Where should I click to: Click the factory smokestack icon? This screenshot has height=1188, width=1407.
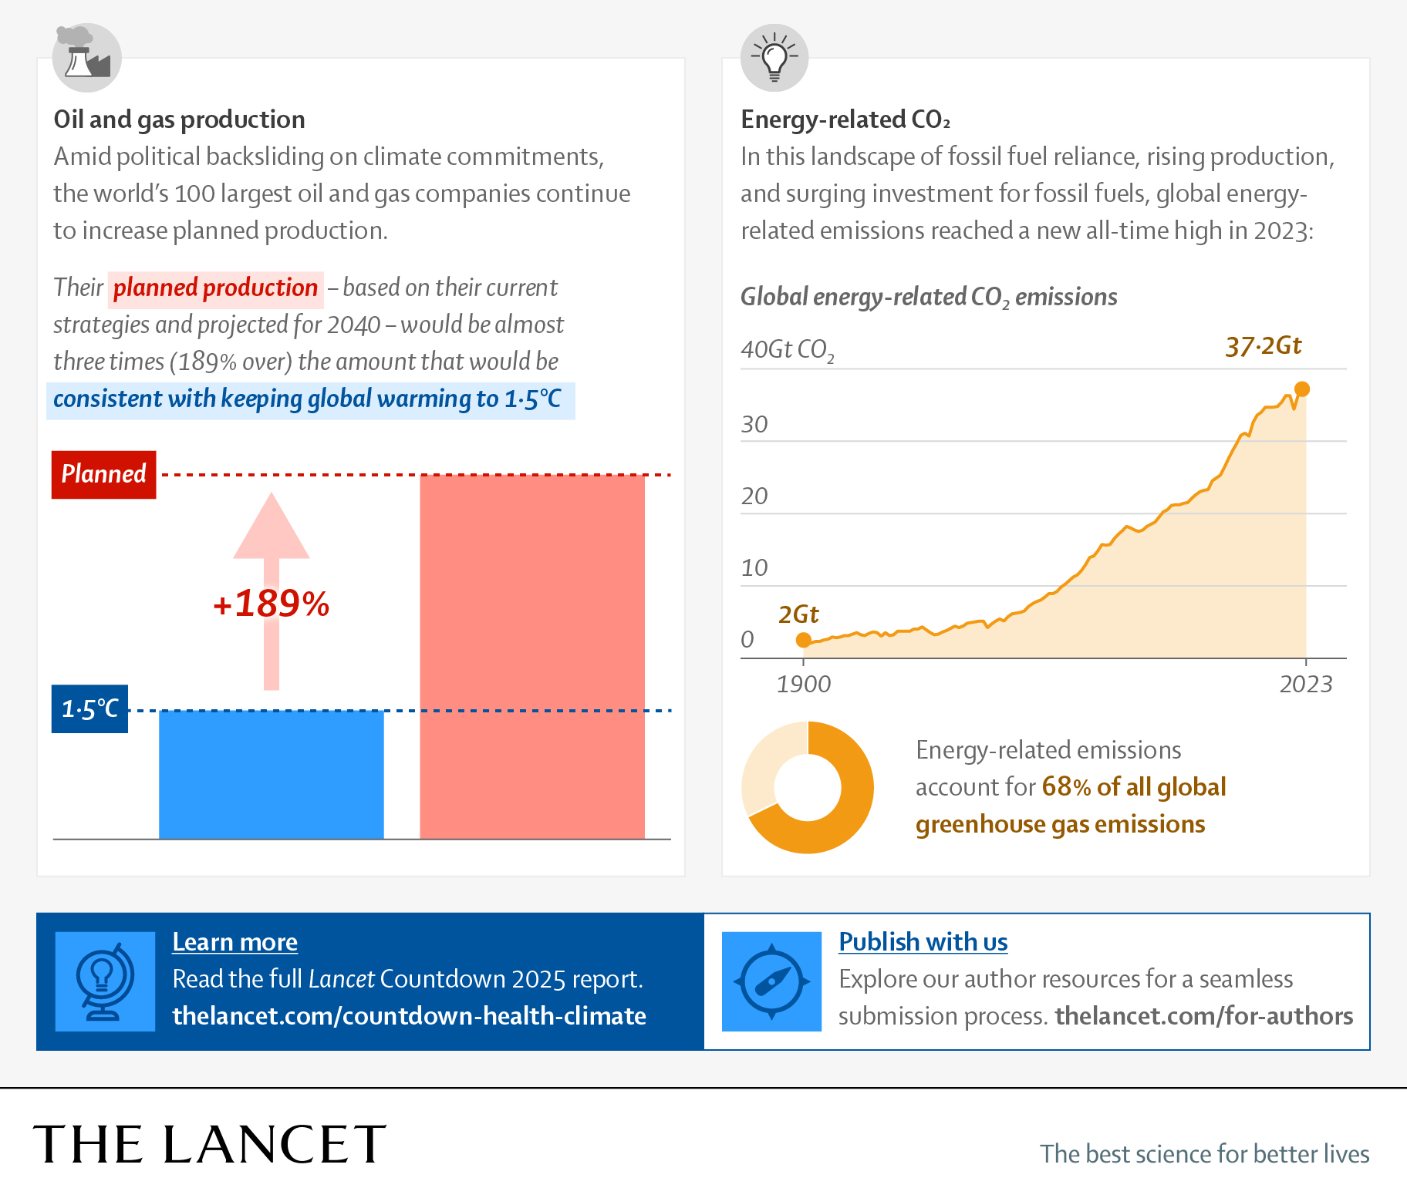[87, 57]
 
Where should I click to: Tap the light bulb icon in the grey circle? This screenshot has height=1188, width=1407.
[774, 58]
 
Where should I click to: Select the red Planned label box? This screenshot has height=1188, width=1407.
[103, 474]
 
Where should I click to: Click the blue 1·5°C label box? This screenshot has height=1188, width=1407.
[89, 708]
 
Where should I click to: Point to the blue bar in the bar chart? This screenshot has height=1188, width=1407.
[271, 774]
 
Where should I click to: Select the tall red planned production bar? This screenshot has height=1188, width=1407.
[531, 656]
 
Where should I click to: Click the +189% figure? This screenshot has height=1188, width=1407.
[272, 604]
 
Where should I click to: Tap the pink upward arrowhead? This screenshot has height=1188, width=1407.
[272, 527]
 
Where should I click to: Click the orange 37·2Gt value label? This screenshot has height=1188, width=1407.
[1263, 346]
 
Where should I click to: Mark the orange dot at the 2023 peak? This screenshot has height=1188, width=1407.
[1302, 389]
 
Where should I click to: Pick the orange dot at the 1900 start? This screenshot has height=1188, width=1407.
[803, 640]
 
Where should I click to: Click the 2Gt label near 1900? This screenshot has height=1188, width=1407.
[798, 614]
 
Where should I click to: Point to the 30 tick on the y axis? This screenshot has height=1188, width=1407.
[754, 424]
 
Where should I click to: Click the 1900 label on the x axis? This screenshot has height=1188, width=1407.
[803, 684]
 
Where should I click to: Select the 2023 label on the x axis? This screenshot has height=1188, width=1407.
[1305, 684]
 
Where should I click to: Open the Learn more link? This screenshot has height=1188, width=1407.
[235, 942]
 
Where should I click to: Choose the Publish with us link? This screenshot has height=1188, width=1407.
[923, 942]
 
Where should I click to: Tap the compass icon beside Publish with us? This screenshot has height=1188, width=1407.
[771, 981]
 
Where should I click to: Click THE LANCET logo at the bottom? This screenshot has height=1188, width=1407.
[209, 1144]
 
